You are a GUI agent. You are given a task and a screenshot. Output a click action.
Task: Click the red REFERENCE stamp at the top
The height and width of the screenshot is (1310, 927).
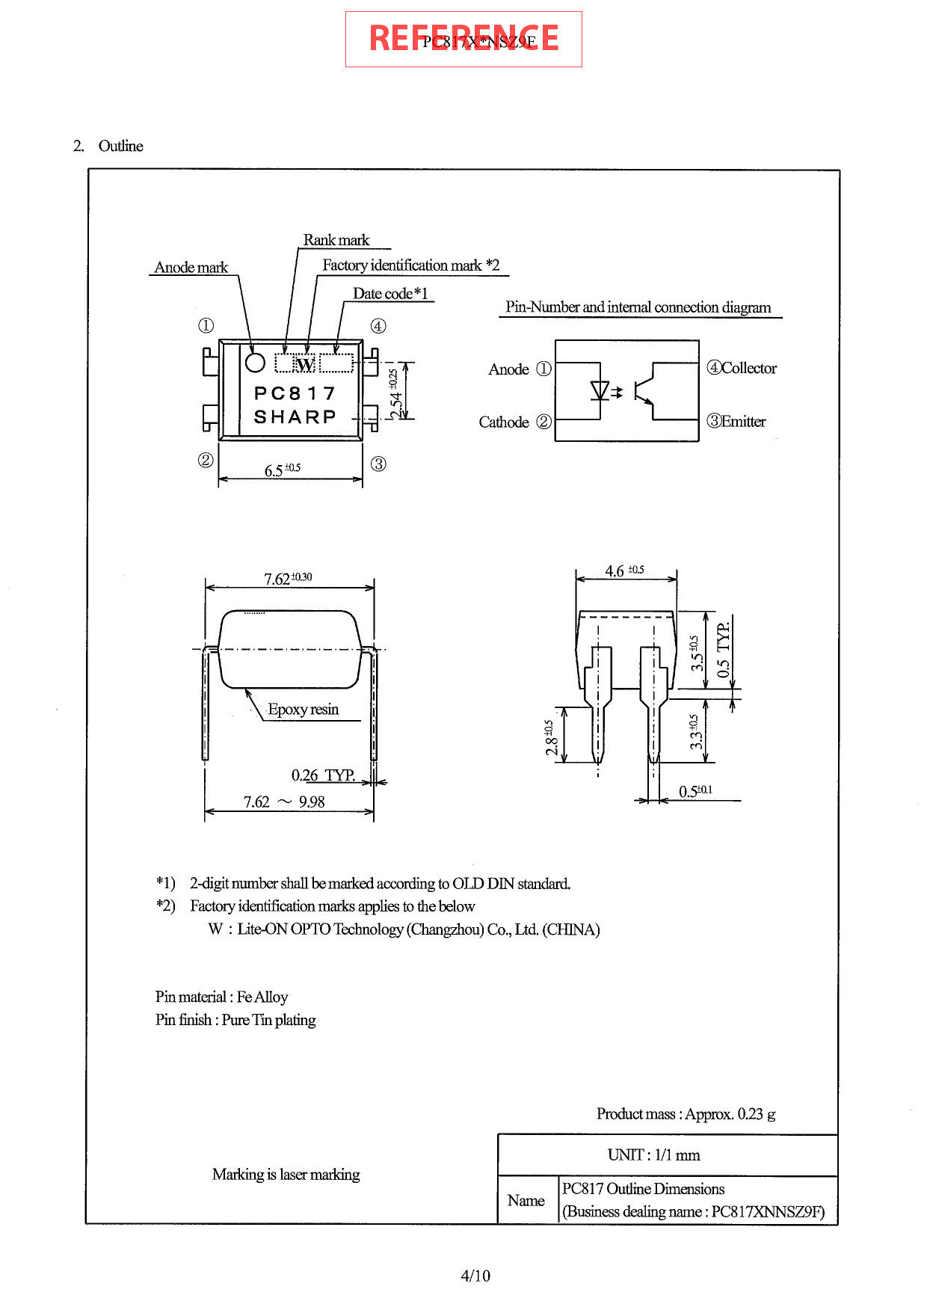pyautogui.click(x=463, y=39)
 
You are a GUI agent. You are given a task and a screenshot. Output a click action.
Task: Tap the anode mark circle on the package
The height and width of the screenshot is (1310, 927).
pyautogui.click(x=255, y=362)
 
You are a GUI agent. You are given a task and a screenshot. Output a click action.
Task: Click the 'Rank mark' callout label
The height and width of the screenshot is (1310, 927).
pyautogui.click(x=336, y=240)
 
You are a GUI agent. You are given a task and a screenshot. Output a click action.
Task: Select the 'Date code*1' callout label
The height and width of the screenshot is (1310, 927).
pyautogui.click(x=390, y=294)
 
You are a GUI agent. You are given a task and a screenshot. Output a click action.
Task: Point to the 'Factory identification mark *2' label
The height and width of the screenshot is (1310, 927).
pyautogui.click(x=410, y=265)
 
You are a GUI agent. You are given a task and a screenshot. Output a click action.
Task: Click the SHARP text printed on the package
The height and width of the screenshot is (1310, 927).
pyautogui.click(x=295, y=416)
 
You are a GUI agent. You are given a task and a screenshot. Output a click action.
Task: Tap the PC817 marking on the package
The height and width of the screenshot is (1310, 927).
pyautogui.click(x=295, y=393)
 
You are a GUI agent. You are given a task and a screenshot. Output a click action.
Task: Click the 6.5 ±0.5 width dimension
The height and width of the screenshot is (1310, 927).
pyautogui.click(x=283, y=470)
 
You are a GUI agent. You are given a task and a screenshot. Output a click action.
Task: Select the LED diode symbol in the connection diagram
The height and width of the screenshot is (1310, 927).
pyautogui.click(x=600, y=390)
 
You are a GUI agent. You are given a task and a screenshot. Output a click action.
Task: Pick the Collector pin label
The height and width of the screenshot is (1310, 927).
pyautogui.click(x=742, y=368)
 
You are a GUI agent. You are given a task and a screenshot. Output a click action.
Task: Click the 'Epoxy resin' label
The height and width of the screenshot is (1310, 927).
pyautogui.click(x=303, y=709)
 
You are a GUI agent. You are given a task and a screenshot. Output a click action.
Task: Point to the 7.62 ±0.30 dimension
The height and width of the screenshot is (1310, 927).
pyautogui.click(x=288, y=578)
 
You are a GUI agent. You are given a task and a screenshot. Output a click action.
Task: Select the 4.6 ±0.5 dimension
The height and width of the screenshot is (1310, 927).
pyautogui.click(x=624, y=571)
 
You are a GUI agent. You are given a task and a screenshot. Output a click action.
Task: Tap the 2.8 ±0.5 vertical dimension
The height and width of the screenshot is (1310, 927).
pyautogui.click(x=550, y=737)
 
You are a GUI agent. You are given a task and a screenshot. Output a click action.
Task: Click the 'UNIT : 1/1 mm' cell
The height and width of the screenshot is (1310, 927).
pyautogui.click(x=653, y=1154)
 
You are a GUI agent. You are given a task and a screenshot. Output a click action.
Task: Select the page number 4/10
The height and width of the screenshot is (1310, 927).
pyautogui.click(x=475, y=1276)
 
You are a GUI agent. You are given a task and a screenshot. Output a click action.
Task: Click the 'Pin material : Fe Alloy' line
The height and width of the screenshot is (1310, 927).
pyautogui.click(x=221, y=997)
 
